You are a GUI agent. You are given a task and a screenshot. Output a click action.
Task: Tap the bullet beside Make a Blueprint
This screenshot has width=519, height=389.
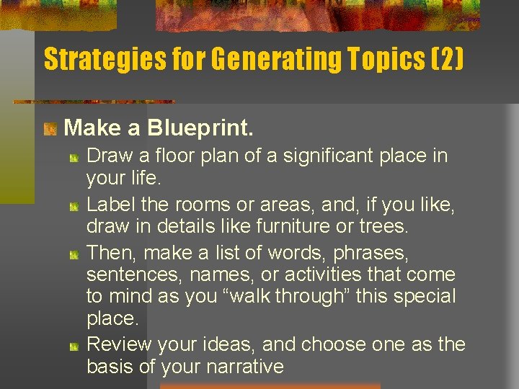click(50, 130)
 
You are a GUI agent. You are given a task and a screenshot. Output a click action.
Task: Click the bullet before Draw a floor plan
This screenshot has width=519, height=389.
click(74, 157)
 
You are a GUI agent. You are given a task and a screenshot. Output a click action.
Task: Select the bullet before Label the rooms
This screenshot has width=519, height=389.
click(74, 207)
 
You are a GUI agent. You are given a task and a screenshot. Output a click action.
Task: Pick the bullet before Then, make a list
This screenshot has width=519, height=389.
click(74, 254)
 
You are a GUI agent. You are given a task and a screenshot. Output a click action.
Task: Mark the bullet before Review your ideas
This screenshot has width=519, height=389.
click(74, 346)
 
